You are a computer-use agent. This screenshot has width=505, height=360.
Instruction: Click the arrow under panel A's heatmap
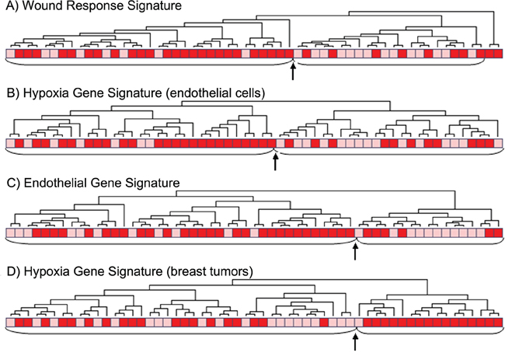tap(293, 73)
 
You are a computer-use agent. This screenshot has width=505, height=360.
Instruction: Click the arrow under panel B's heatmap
tap(276, 163)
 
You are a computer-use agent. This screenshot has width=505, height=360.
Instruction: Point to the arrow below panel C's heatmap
tap(355, 252)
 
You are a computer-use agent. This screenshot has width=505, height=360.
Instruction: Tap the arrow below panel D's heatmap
tap(355, 341)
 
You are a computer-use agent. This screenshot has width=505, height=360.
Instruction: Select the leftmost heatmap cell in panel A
tap(10, 54)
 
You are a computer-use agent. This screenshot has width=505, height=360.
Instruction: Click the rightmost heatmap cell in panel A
tap(496, 54)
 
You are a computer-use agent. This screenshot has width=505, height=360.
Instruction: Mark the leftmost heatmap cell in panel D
tap(10, 322)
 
